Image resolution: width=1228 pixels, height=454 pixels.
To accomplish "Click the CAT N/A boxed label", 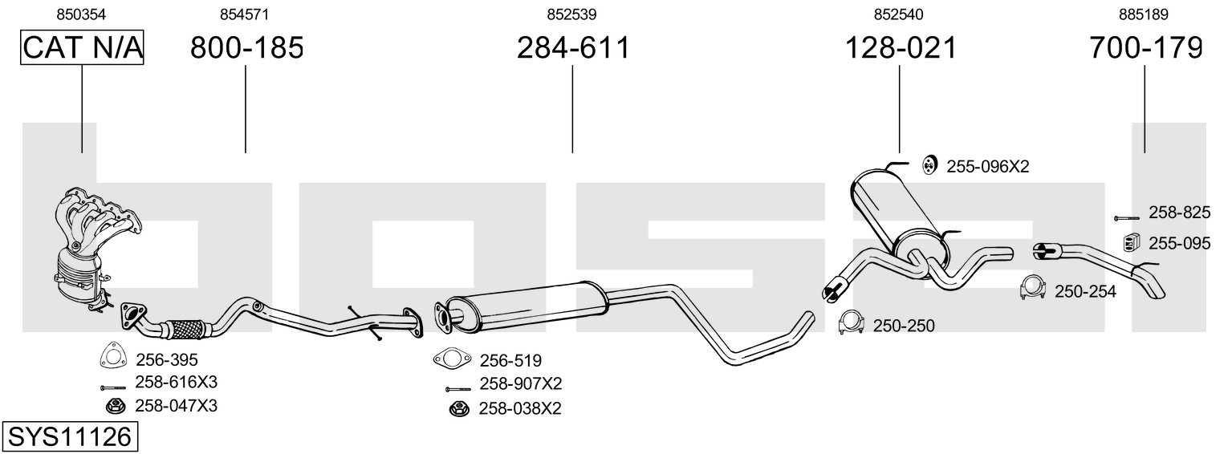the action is click(82, 47).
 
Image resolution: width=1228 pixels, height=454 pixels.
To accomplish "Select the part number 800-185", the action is click(246, 47).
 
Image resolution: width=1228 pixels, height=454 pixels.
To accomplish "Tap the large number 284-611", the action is click(573, 47).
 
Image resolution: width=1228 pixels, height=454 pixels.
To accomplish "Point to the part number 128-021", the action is click(901, 47).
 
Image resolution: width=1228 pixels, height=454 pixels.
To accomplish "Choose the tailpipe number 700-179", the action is click(1146, 47).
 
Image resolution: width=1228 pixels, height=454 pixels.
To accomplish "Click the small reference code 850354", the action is click(81, 14).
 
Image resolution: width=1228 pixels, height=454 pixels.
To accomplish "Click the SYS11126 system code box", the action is click(70, 437).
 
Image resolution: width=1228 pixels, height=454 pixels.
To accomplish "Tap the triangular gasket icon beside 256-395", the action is click(112, 355).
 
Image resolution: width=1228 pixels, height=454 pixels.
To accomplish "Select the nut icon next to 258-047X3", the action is click(115, 407).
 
